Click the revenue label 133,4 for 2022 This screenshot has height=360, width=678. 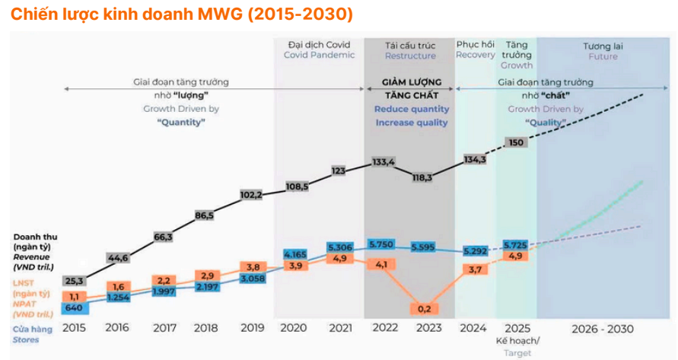tap(383, 162)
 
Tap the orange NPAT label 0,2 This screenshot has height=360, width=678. tap(423, 308)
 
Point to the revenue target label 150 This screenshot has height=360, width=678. tap(516, 142)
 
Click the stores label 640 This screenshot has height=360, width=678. tap(74, 308)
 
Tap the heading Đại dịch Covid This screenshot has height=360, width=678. tap(319, 43)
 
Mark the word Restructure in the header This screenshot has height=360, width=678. tap(410, 56)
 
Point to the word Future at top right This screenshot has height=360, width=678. tap(603, 56)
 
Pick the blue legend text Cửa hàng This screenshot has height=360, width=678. tap(32, 329)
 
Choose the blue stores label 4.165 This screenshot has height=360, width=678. tap(294, 253)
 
